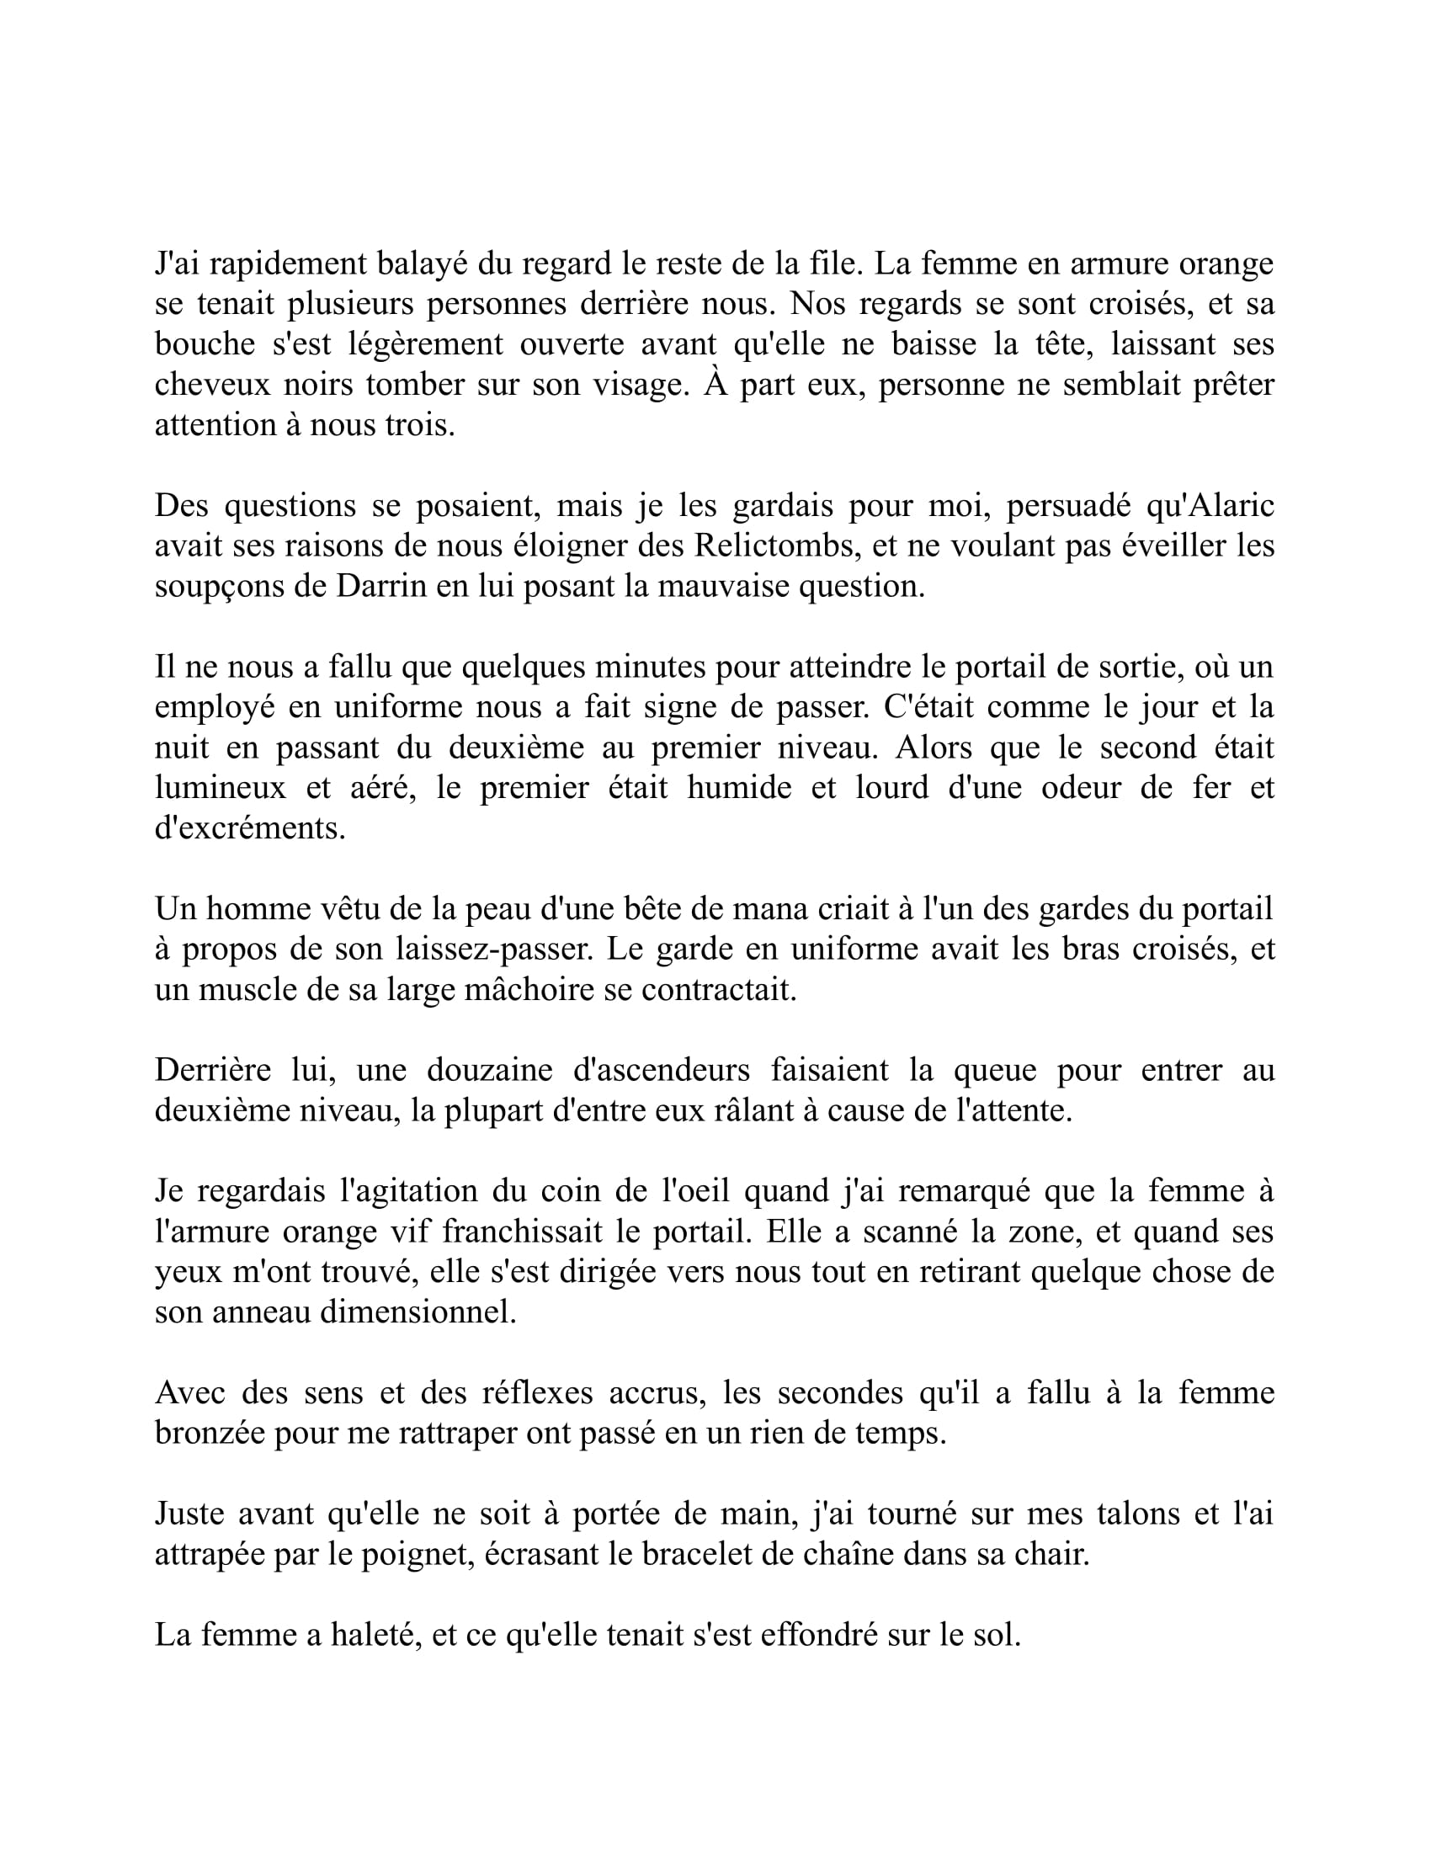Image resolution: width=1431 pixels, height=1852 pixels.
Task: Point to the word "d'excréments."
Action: pos(250,828)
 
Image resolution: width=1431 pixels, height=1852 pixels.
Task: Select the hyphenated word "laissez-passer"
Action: pos(493,949)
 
